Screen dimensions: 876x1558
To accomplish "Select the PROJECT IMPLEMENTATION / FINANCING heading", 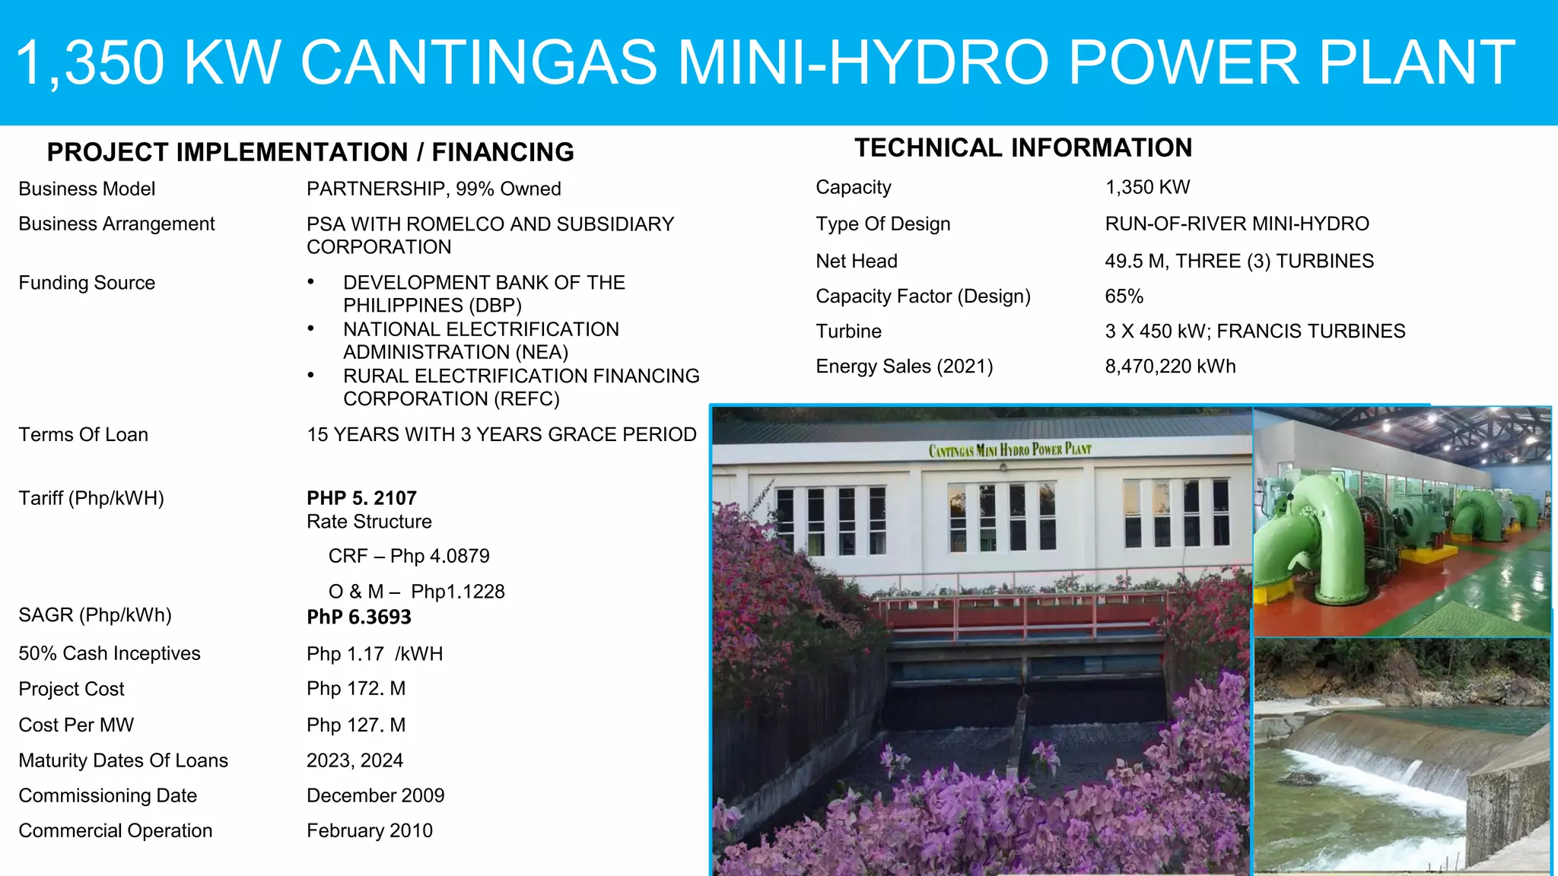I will pyautogui.click(x=310, y=152).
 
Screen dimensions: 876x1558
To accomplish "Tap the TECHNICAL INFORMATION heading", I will pyautogui.click(x=1023, y=148).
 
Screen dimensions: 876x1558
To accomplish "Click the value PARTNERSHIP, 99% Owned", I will pyautogui.click(x=434, y=189).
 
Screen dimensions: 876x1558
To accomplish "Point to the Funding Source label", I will pyautogui.click(x=87, y=283).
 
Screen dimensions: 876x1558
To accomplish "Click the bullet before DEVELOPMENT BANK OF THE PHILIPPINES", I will pyautogui.click(x=310, y=282).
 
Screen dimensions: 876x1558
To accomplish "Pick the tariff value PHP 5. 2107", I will pyautogui.click(x=361, y=498).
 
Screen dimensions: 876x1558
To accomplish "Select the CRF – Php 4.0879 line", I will pyautogui.click(x=409, y=556).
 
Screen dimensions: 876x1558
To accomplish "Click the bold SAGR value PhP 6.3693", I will pyautogui.click(x=359, y=617).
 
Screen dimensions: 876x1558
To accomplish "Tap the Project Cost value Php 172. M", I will pyautogui.click(x=356, y=688).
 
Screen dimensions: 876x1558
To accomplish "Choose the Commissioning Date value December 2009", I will pyautogui.click(x=376, y=795).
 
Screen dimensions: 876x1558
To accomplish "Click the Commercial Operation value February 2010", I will pyautogui.click(x=370, y=830).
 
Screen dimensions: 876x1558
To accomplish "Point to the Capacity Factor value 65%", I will pyautogui.click(x=1124, y=296).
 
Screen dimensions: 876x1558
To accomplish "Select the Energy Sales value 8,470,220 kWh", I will pyautogui.click(x=1170, y=367).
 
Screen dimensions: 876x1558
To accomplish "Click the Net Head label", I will pyautogui.click(x=857, y=261).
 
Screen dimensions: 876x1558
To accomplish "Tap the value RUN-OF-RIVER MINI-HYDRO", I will pyautogui.click(x=1237, y=224).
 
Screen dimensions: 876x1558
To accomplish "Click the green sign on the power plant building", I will pyautogui.click(x=1010, y=450).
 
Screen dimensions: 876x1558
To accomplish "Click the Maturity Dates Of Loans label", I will pyautogui.click(x=123, y=760).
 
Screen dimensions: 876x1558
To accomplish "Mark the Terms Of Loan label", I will pyautogui.click(x=84, y=434).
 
